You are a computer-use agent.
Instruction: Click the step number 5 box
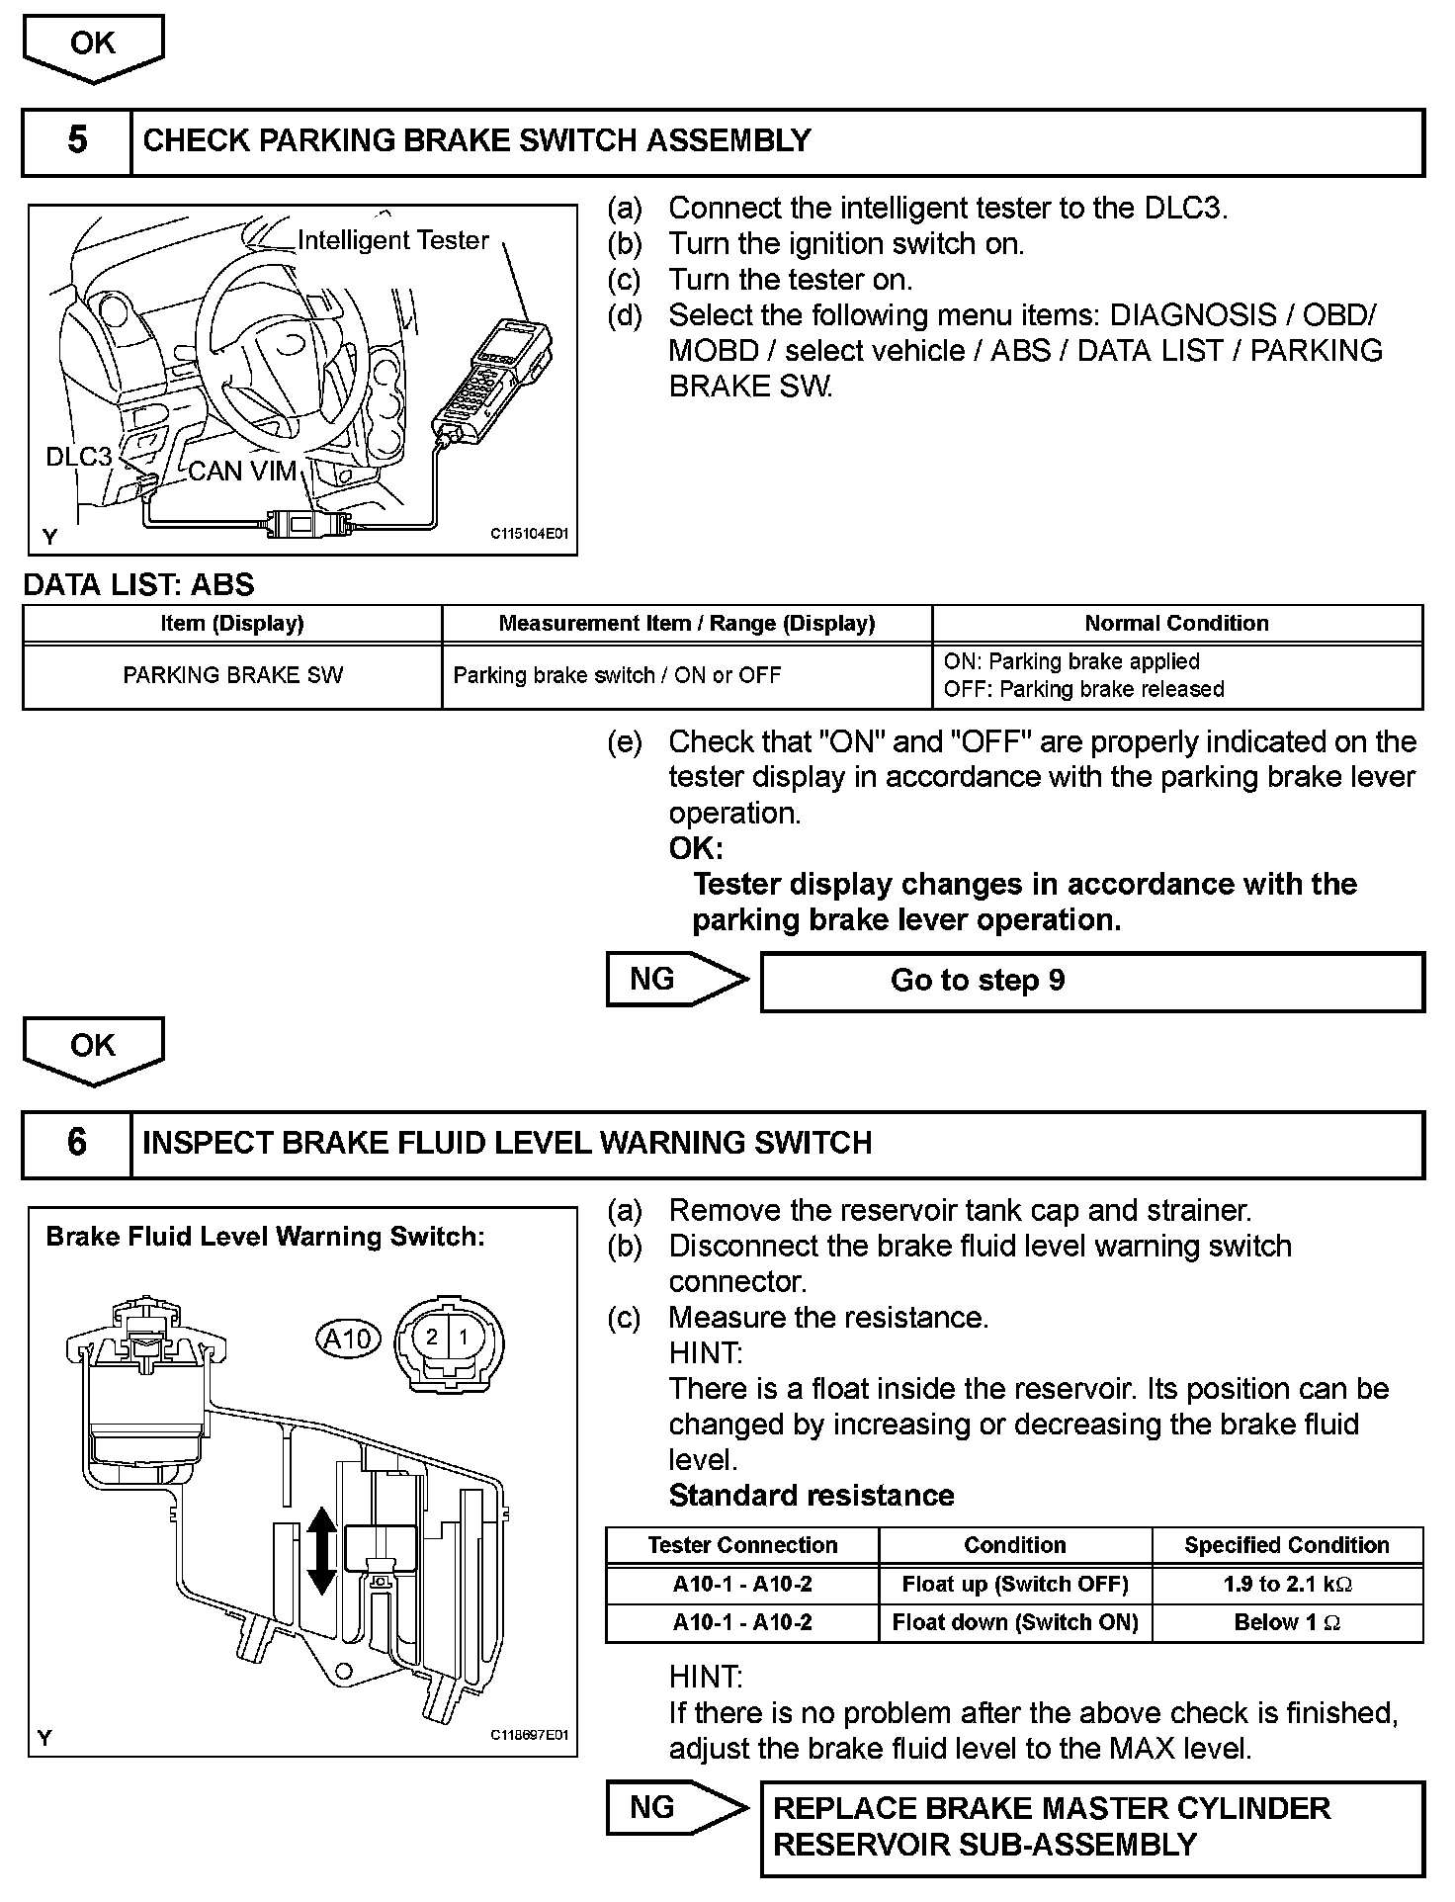pyautogui.click(x=77, y=141)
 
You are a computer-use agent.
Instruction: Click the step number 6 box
pyautogui.click(x=77, y=1144)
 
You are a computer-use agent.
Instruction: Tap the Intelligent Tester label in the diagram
pyautogui.click(x=392, y=240)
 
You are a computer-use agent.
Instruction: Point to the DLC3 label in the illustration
pyautogui.click(x=79, y=457)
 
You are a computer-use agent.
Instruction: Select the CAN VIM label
pyautogui.click(x=242, y=472)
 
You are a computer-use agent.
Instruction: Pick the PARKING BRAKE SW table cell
pyautogui.click(x=232, y=676)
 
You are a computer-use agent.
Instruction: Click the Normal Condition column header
pyautogui.click(x=1176, y=624)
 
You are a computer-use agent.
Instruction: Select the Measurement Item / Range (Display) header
pyautogui.click(x=686, y=624)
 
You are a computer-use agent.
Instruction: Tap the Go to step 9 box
pyautogui.click(x=1092, y=982)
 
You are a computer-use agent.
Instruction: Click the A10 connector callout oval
pyautogui.click(x=348, y=1340)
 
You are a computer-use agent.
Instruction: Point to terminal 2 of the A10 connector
pyautogui.click(x=432, y=1338)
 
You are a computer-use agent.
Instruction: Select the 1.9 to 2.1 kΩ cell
pyautogui.click(x=1287, y=1585)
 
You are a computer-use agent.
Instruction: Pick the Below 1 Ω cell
pyautogui.click(x=1287, y=1623)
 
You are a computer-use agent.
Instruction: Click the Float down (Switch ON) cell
pyautogui.click(x=1015, y=1623)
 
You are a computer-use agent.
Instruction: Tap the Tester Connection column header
pyautogui.click(x=742, y=1546)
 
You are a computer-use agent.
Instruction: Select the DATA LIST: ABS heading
pyautogui.click(x=139, y=585)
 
